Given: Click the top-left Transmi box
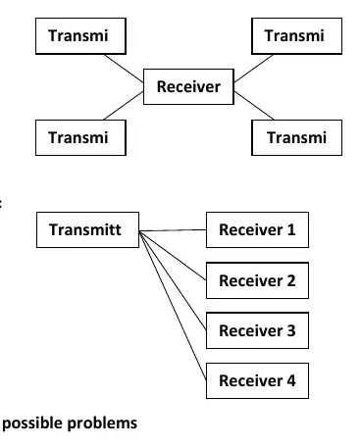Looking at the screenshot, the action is (80, 36).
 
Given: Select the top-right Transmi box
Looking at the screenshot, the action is (296, 36).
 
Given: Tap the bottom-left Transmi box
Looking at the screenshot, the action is (80, 137).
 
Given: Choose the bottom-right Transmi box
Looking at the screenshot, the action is (296, 137).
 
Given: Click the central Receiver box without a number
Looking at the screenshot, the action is (188, 86).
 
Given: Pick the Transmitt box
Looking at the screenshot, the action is (87, 229).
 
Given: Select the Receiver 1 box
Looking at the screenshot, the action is (257, 229).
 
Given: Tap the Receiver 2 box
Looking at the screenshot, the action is (257, 280).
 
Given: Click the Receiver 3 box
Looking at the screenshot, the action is (257, 330).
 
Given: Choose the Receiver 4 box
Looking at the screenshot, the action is (257, 380).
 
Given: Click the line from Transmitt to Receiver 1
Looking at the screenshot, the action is (173, 230).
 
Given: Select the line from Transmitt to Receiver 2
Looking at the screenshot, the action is (173, 256).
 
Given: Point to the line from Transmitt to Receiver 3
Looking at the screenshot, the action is (173, 281).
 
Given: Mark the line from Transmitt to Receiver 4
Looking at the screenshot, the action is (173, 306).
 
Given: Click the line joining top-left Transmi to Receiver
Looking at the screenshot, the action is (124, 69).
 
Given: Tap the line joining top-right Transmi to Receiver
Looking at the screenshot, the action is (253, 69).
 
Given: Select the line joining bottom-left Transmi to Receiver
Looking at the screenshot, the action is (124, 106).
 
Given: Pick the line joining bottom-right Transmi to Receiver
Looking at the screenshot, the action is (254, 106).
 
